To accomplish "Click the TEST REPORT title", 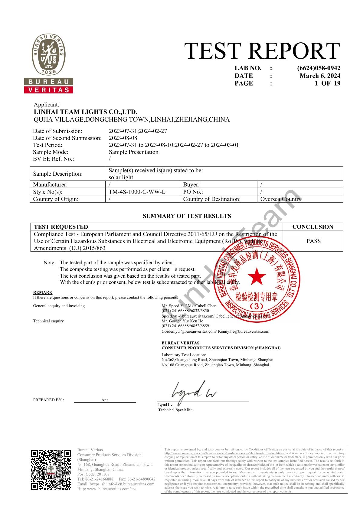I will pos(262,51).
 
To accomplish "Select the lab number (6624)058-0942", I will pos(319,68).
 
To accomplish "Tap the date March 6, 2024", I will pos(320,76).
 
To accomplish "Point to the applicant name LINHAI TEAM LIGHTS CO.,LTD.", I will pos(86,112).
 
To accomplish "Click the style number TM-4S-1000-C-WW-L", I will pos(137,192).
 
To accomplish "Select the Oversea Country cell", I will pos(281,199).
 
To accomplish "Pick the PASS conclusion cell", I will pos(313,241).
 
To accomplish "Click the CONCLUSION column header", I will pos(313,227).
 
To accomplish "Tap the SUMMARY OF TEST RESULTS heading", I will pos(187,216).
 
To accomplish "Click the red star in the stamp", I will pos(257,276).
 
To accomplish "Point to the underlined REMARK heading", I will pos(43,292).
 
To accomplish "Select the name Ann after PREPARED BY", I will pos(105,400).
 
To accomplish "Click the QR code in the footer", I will pos(51,470).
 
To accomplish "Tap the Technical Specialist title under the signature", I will pos(175,410).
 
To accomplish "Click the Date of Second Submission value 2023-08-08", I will pos(123,138).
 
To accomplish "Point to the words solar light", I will pos(121,177).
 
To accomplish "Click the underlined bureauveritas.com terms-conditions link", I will pos(225,453).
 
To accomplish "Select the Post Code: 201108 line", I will pos(93,474).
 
